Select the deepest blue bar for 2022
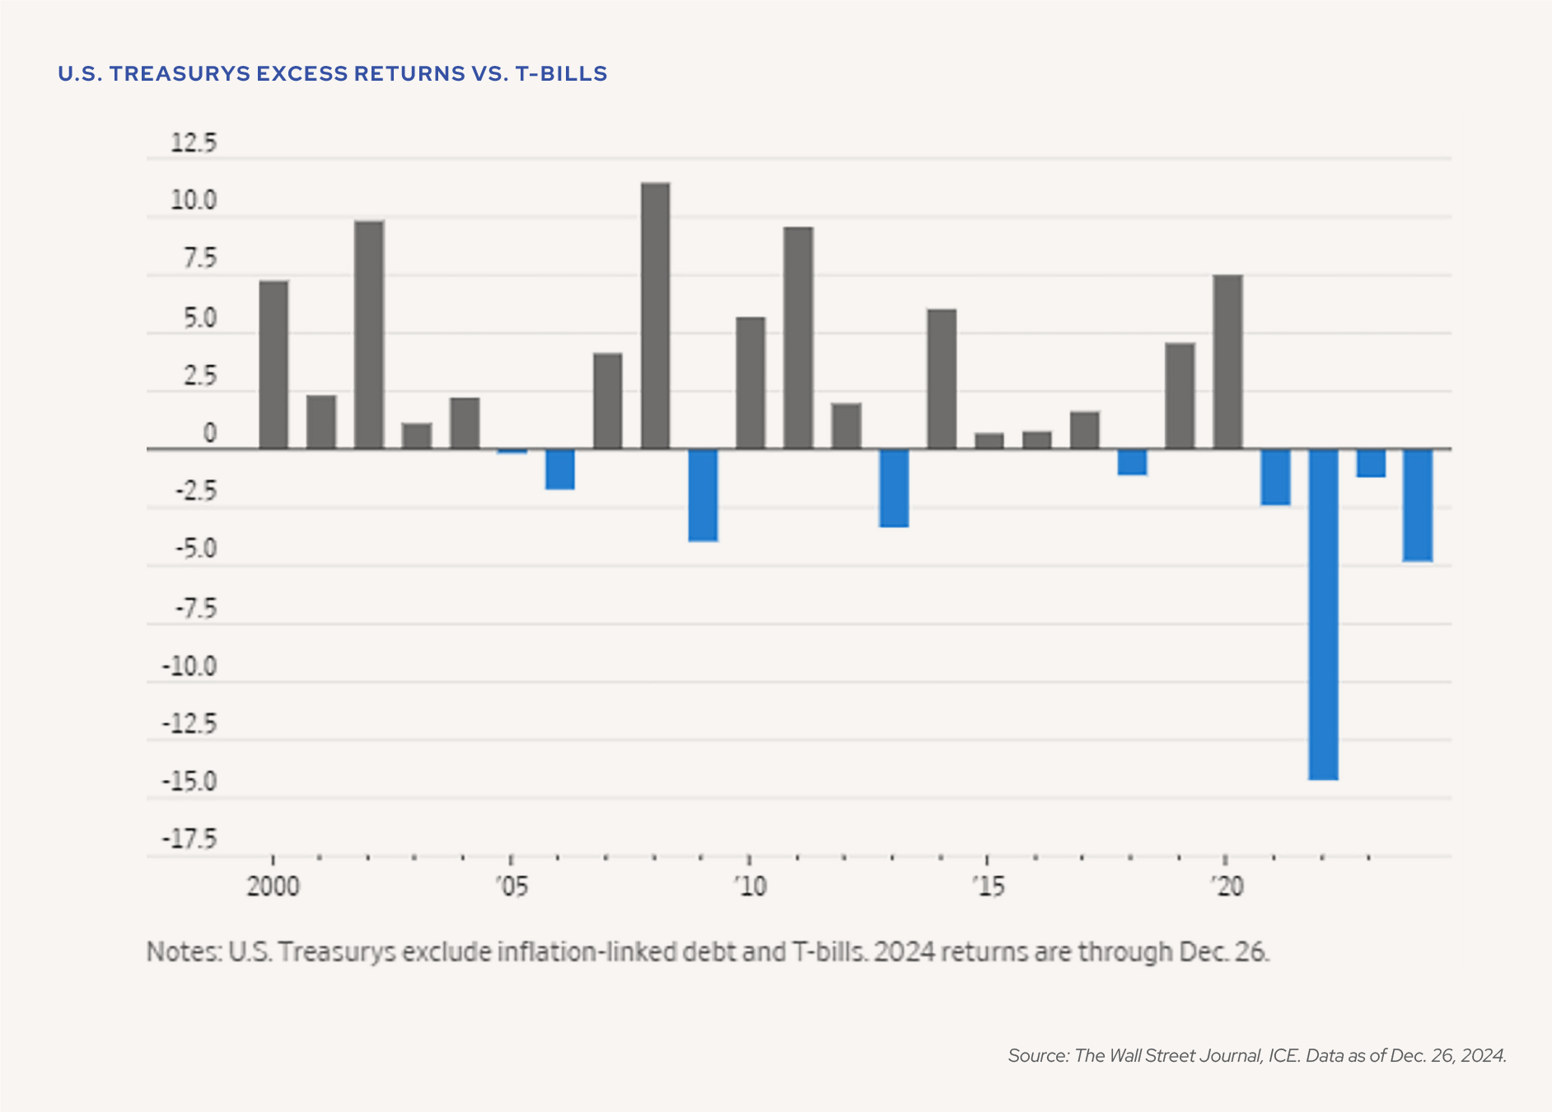click(x=1323, y=614)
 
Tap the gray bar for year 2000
click(x=273, y=365)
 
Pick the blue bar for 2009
click(x=703, y=495)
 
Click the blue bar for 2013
click(x=894, y=488)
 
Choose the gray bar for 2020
click(x=1227, y=362)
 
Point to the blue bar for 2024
click(x=1418, y=505)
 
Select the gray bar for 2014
click(x=942, y=379)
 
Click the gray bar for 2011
click(x=798, y=338)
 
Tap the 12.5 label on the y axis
click(x=194, y=143)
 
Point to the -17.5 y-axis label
click(x=189, y=839)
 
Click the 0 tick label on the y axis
click(x=209, y=434)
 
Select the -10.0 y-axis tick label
click(x=189, y=666)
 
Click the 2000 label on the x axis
click(x=273, y=887)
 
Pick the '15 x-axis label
click(x=988, y=887)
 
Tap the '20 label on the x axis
click(x=1226, y=887)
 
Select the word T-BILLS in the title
click(x=561, y=74)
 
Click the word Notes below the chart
click(x=183, y=952)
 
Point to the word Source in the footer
click(x=1037, y=1056)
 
